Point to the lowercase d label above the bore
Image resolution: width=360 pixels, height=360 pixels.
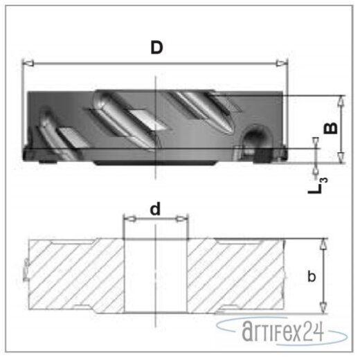pyautogui.click(x=156, y=208)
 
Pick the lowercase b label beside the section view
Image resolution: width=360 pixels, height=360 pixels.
pyautogui.click(x=312, y=276)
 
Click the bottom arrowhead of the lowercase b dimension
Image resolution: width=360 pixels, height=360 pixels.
pyautogui.click(x=323, y=307)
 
